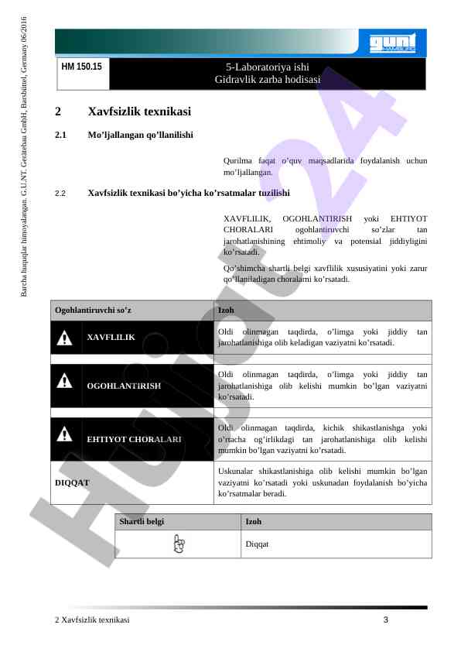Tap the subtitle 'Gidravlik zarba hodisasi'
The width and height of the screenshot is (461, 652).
(267, 79)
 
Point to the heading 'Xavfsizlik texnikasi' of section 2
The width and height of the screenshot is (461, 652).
(139, 112)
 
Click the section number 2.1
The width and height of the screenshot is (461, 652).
(61, 135)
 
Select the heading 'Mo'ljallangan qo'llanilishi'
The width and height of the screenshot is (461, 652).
(141, 135)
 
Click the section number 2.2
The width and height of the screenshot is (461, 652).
(61, 193)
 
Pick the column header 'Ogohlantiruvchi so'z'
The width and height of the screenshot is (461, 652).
(93, 311)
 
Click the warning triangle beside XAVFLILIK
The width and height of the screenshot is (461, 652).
(67, 337)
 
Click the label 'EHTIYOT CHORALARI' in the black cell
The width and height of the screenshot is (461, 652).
(134, 438)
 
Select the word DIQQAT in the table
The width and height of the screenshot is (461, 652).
(72, 482)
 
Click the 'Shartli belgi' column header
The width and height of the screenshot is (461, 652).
(142, 522)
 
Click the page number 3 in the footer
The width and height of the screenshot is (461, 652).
(385, 620)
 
